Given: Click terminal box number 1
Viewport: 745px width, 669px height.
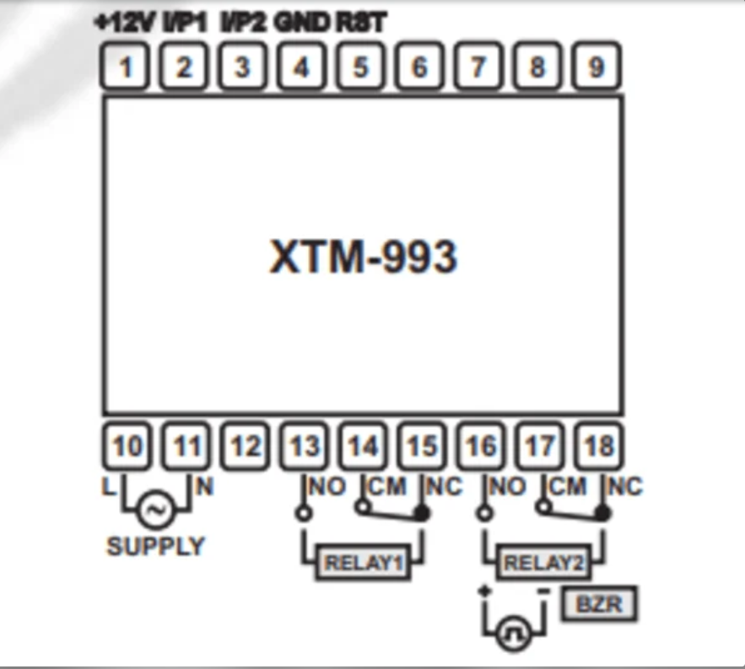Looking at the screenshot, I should pos(126,67).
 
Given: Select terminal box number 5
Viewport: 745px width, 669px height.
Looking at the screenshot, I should pos(361,67).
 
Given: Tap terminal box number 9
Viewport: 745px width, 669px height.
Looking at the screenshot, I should pos(597,67).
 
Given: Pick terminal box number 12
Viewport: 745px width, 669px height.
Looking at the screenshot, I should pos(245,445).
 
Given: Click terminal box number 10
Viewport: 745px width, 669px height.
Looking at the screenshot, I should pos(127,445).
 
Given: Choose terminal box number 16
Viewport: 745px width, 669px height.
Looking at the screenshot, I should pos(480,445).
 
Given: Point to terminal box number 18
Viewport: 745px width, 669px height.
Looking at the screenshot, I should pos(598,445).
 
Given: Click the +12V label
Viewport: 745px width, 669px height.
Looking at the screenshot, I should pos(125,23).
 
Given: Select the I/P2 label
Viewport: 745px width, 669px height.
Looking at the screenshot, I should pos(244,23).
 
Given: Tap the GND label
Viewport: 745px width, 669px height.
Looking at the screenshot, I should pos(301,23).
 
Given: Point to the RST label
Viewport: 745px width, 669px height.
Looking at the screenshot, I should pos(361,23).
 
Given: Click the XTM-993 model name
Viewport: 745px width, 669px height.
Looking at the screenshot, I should pos(363,256).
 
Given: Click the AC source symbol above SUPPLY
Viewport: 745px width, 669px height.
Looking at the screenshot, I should pos(155,510).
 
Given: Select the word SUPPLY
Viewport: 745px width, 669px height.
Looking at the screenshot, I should pos(155,547).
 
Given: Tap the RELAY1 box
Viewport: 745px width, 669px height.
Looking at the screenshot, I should pos(363,563).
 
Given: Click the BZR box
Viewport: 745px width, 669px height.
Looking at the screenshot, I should pos(602,604).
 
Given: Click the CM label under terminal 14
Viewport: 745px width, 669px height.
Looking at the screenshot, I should pos(389,487).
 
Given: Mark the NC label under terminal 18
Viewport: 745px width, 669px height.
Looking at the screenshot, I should pos(625,487).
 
